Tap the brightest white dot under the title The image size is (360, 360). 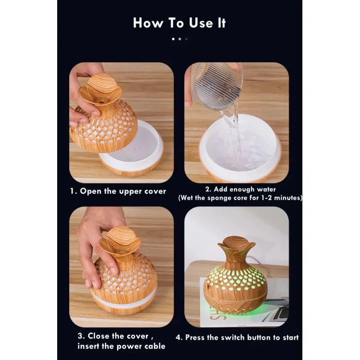174,39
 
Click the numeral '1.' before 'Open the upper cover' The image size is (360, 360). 73,191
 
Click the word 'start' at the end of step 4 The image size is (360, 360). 288,337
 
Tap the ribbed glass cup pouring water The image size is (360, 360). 216,85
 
